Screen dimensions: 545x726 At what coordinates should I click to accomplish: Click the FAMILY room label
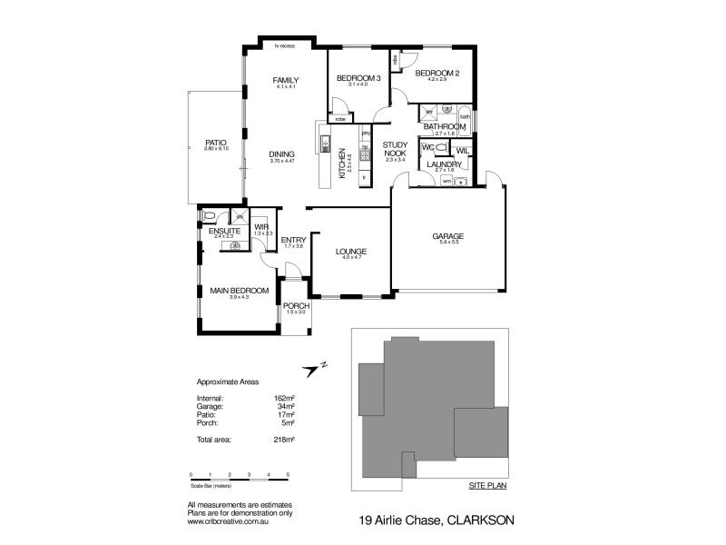(286, 81)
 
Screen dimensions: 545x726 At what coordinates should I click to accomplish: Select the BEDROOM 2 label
(432, 74)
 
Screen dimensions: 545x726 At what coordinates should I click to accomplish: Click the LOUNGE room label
(349, 251)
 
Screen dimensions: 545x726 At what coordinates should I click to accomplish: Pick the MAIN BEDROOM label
(239, 291)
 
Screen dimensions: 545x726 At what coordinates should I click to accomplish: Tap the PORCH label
(296, 306)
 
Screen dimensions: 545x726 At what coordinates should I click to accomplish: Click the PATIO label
(215, 142)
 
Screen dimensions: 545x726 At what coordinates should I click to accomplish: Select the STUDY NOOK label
(394, 150)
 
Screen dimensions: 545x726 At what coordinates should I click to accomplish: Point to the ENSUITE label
(224, 231)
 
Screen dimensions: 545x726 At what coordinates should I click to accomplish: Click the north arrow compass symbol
(315, 368)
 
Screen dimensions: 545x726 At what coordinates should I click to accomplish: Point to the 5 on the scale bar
(288, 475)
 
